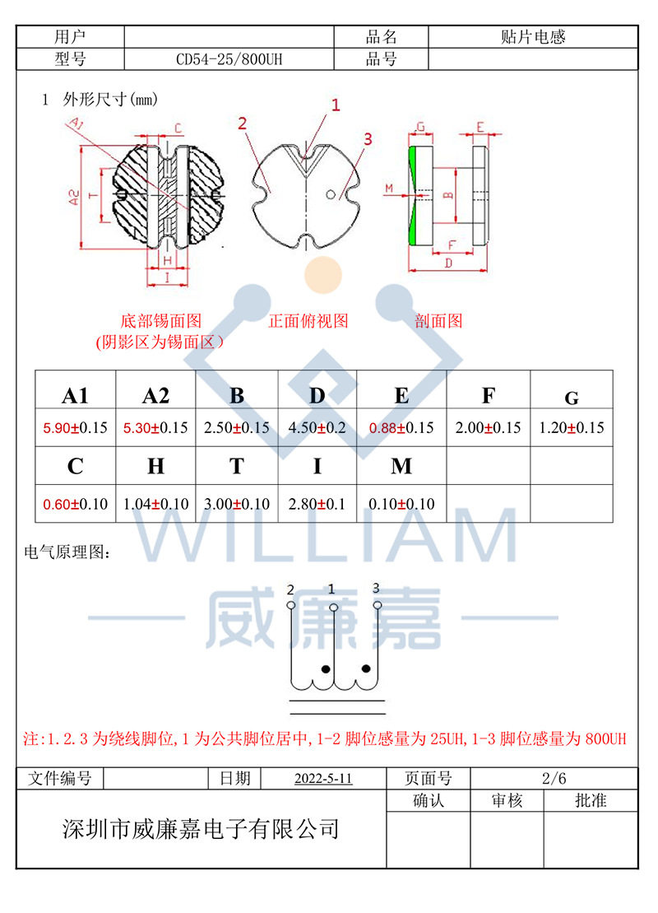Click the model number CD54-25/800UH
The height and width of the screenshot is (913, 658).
coord(229,59)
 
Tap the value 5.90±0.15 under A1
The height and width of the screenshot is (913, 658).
coord(76,428)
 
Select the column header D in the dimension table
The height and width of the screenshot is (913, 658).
coord(317,395)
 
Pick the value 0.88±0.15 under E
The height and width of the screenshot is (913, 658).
coord(401,428)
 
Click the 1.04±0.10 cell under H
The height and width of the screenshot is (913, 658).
coord(155,504)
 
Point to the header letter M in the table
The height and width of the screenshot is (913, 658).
coord(401,467)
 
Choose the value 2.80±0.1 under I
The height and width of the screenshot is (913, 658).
coord(317,504)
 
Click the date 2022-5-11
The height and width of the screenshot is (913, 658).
coord(322,779)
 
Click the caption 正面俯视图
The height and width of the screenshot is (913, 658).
coord(308,321)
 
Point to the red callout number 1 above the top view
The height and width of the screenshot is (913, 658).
coord(335,105)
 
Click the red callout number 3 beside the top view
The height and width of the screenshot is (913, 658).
coord(368,139)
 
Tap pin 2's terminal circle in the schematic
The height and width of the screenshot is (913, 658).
coord(290,606)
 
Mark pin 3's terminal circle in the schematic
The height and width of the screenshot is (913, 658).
coord(378,605)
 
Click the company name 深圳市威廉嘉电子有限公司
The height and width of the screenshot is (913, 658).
coord(202,828)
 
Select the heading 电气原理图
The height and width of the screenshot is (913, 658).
coord(66,553)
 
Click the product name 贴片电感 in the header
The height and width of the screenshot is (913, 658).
coord(533,37)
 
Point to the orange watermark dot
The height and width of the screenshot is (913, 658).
coord(322,275)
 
